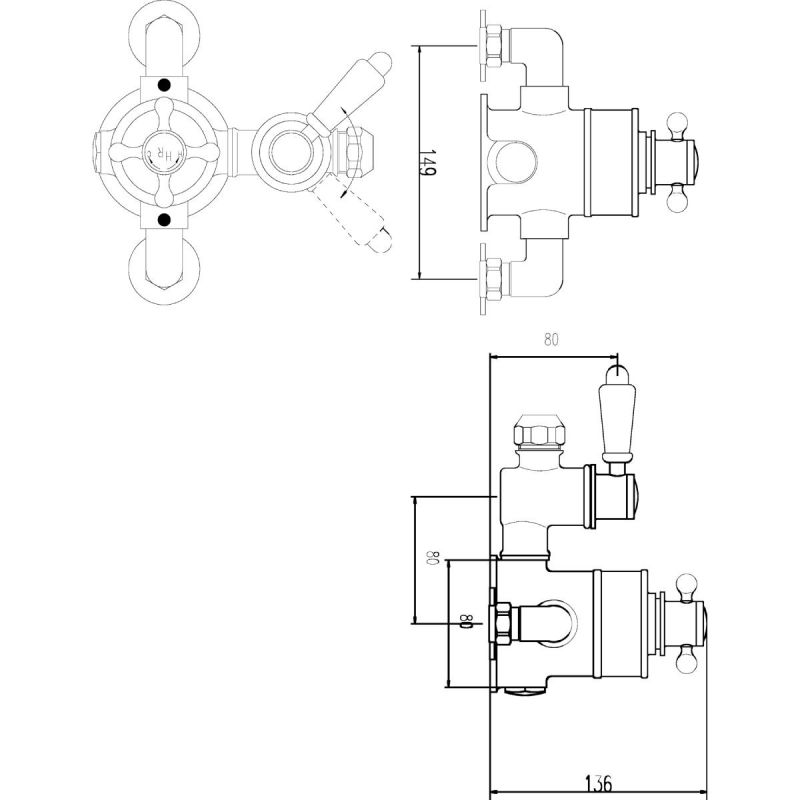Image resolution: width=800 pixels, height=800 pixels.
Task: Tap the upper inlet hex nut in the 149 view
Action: pos(494,46)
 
